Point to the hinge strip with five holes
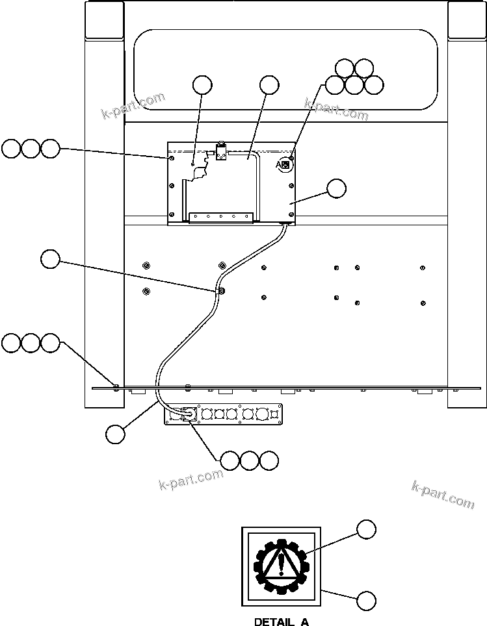pyautogui.click(x=220, y=216)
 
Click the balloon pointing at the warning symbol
pyautogui.click(x=367, y=529)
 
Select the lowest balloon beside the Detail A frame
pyautogui.click(x=367, y=601)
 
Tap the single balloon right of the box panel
pyautogui.click(x=336, y=188)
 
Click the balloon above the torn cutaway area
pyautogui.click(x=202, y=84)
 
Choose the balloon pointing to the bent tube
pyautogui.click(x=269, y=84)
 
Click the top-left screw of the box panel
pyautogui.click(x=171, y=157)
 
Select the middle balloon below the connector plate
pyautogui.click(x=250, y=460)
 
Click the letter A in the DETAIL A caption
pyautogui.click(x=304, y=621)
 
